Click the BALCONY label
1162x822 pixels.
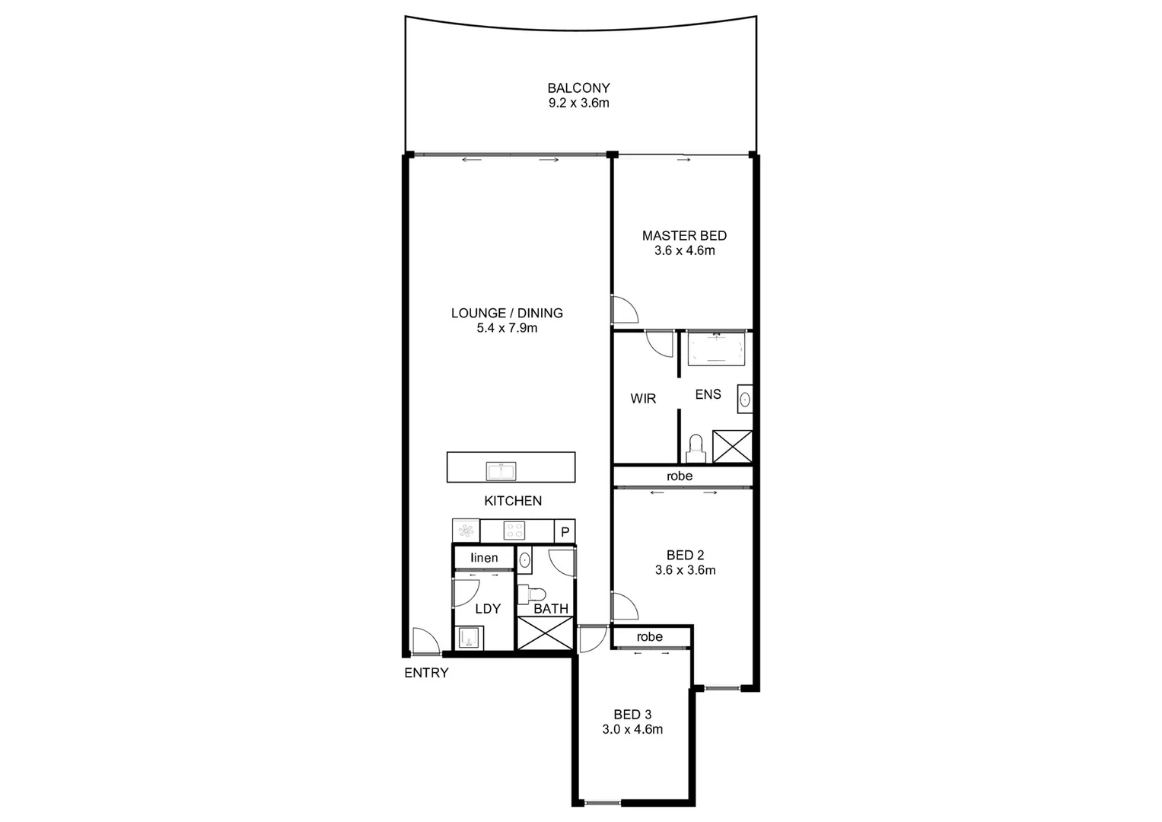(578, 88)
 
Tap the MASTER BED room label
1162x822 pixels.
(684, 236)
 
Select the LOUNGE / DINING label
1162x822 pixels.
(507, 313)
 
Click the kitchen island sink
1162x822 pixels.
(501, 471)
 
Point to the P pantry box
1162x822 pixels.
(565, 531)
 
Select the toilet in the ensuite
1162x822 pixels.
(696, 448)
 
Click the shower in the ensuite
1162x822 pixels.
(732, 446)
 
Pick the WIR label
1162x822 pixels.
(643, 398)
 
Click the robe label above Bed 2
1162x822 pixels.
(680, 476)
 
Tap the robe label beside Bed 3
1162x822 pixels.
(650, 636)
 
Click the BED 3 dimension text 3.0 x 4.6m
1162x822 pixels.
(632, 729)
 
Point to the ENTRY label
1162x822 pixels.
(426, 673)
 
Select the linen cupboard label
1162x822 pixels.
(484, 558)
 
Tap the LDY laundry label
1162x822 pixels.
(488, 609)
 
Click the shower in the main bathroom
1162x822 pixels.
(545, 632)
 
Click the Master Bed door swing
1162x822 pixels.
(625, 310)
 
